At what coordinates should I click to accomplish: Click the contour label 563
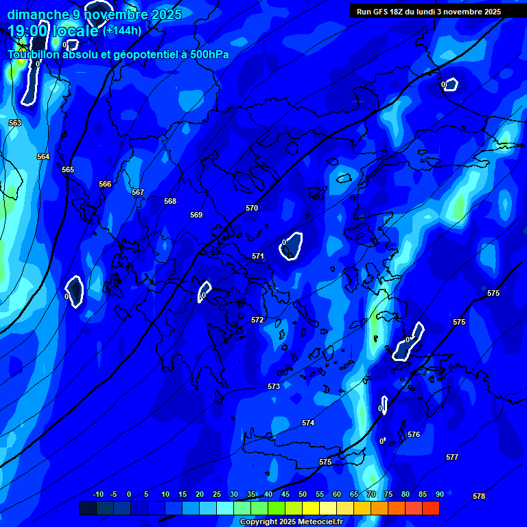tap(15, 123)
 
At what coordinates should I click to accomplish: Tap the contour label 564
tap(43, 156)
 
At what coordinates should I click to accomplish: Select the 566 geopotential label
tap(105, 184)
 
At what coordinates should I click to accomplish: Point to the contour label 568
tap(170, 201)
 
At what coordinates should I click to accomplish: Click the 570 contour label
tap(252, 208)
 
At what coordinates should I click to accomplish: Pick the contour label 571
tap(258, 256)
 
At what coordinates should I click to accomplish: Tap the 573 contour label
tap(274, 386)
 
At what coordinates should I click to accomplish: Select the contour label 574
tap(308, 423)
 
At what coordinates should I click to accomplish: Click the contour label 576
tap(414, 434)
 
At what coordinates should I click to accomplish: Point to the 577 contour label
tap(452, 457)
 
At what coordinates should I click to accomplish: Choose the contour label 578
tap(479, 496)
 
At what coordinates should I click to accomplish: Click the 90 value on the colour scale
tap(440, 494)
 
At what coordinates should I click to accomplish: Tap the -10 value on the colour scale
tap(98, 494)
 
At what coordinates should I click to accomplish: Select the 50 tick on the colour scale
tap(303, 494)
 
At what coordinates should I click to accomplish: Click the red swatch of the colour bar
tap(431, 508)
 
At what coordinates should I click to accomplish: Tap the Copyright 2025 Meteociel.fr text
tap(291, 522)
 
